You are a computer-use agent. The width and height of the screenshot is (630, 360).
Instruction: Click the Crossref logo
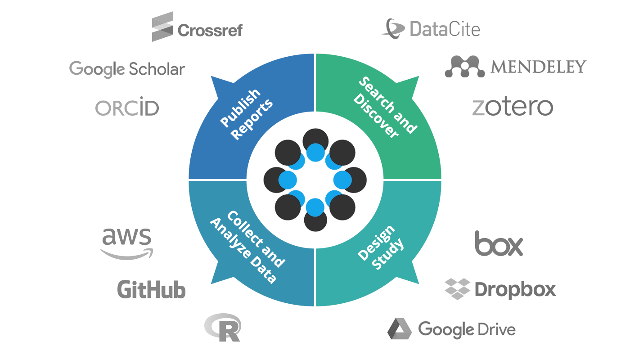point(197,27)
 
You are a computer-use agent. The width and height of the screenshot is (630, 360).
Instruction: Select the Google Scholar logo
point(127,69)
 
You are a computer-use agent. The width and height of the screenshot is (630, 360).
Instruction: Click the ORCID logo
point(127,107)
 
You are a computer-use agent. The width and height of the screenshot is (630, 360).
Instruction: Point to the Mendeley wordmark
point(538,67)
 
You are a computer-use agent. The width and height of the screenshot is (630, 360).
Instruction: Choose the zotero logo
point(513,107)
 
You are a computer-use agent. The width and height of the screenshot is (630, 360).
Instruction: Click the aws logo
point(127,243)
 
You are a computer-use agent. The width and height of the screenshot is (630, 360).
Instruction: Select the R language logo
point(223,328)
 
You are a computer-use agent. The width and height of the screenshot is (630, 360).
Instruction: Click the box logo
point(499,243)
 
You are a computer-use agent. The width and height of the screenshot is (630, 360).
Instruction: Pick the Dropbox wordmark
point(515,289)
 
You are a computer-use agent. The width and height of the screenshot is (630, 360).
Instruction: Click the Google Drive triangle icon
point(400,328)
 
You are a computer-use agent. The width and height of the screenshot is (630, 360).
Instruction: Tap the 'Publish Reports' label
point(247,114)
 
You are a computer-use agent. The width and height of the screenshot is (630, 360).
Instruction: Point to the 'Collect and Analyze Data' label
point(247,247)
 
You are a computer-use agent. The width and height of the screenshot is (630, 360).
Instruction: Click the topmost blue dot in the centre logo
point(315,153)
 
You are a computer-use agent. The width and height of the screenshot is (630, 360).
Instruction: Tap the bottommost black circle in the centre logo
point(315,221)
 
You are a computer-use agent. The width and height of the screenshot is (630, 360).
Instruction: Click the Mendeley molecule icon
point(464,67)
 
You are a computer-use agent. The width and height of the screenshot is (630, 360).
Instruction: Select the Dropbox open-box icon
point(457,289)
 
